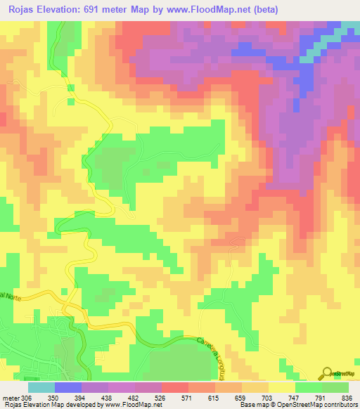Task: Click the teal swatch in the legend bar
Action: [x=41, y=387]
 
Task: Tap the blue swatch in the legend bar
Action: [x=68, y=387]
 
